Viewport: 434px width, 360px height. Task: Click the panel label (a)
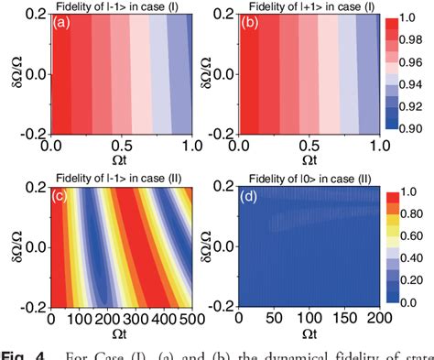(x=62, y=24)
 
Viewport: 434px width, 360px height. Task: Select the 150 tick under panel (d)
(x=331, y=317)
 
